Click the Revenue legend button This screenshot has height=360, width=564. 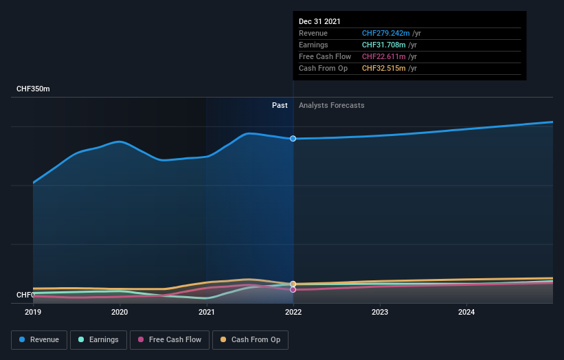click(40, 339)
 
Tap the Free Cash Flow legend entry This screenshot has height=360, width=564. click(170, 339)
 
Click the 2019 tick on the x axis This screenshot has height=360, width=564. click(33, 313)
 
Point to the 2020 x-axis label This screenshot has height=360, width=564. click(120, 313)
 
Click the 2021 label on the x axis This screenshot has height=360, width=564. click(207, 313)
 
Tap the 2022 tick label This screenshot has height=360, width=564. click(293, 313)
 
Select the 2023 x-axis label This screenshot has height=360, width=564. click(380, 313)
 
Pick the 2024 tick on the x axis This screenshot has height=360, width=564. click(466, 313)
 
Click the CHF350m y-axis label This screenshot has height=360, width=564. click(33, 89)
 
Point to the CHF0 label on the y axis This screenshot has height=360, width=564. click(25, 295)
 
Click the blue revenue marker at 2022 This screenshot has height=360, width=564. click(293, 139)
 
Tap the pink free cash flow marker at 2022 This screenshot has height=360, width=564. click(293, 289)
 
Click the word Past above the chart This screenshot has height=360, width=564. click(280, 105)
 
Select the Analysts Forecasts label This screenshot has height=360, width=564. click(331, 105)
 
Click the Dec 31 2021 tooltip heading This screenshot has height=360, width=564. click(319, 22)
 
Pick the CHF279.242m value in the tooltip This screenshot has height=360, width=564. click(386, 33)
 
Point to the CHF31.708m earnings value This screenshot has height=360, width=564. click(384, 45)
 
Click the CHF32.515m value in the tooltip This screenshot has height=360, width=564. click(384, 68)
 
